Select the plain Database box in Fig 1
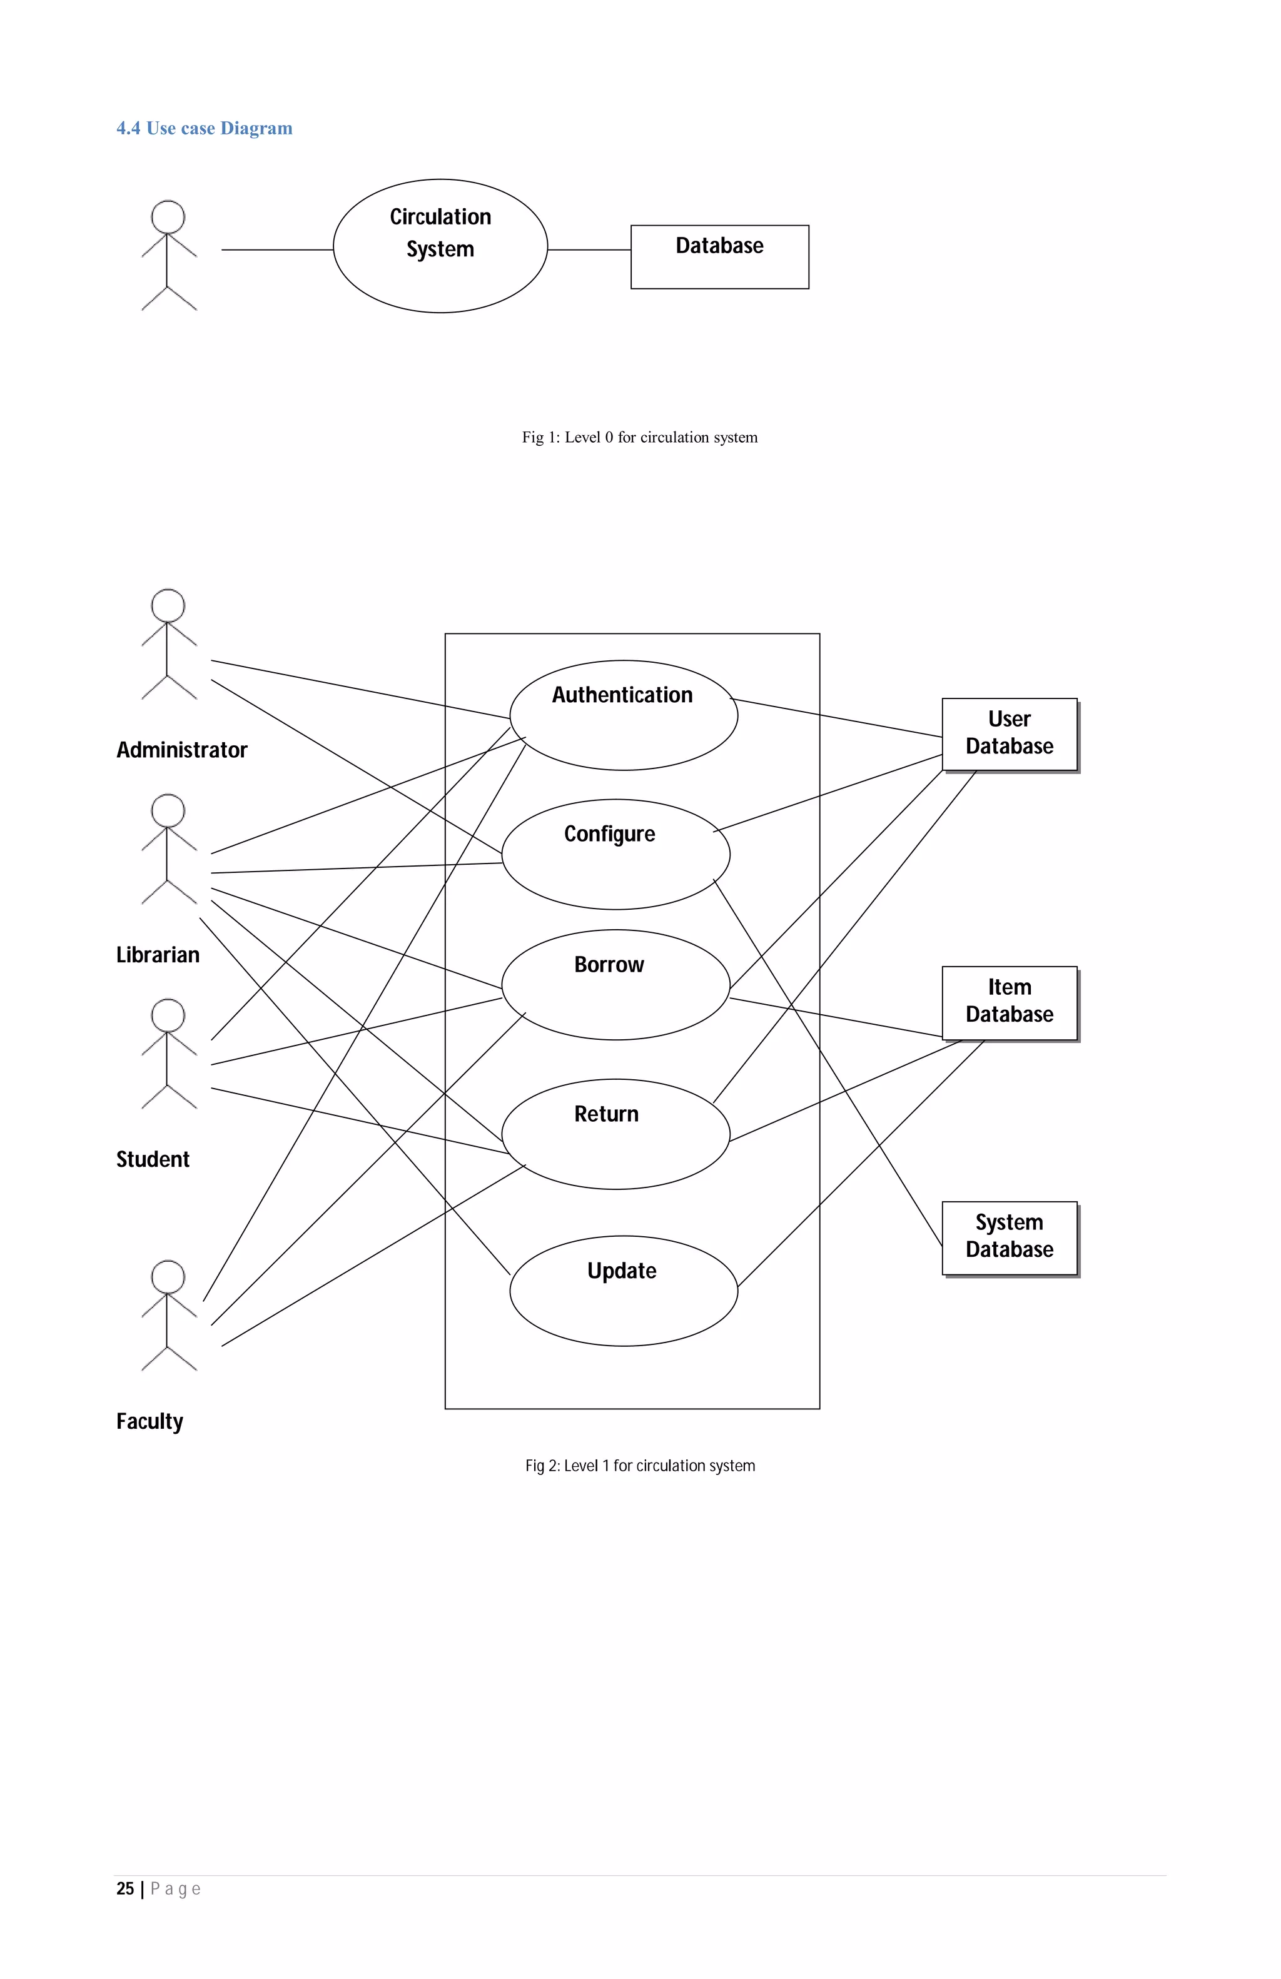pos(719,256)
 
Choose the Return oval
pos(615,1134)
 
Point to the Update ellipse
pos(623,1290)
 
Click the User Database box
pos(1009,733)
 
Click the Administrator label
pos(181,750)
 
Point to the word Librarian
pos(158,955)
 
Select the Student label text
pos(153,1159)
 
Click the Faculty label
pos(149,1421)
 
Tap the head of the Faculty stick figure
pos(168,1276)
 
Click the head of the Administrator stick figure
pos(168,605)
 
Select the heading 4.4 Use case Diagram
pos(205,128)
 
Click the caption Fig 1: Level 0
pos(640,437)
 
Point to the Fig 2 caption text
pos(640,1466)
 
